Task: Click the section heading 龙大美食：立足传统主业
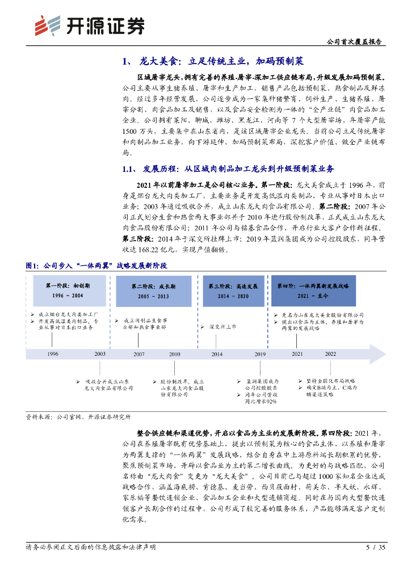click(216, 61)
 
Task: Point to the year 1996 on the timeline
click(53, 353)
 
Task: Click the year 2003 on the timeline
click(100, 353)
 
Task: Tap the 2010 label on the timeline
click(174, 353)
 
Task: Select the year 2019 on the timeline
click(260, 353)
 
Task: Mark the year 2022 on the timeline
click(330, 353)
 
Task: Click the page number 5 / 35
click(376, 548)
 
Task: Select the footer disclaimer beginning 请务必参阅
click(91, 548)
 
